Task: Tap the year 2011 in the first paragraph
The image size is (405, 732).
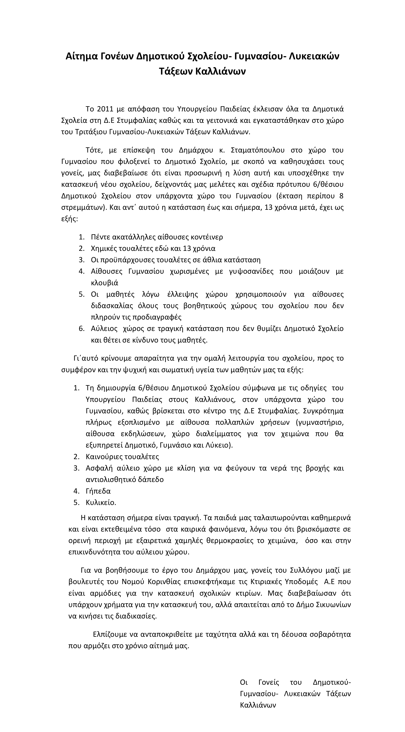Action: point(105,109)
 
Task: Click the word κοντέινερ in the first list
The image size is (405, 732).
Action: point(207,237)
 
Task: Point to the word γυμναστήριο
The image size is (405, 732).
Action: point(320,423)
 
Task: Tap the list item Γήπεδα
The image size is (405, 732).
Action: point(98,491)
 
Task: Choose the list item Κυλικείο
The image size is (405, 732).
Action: point(101,503)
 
